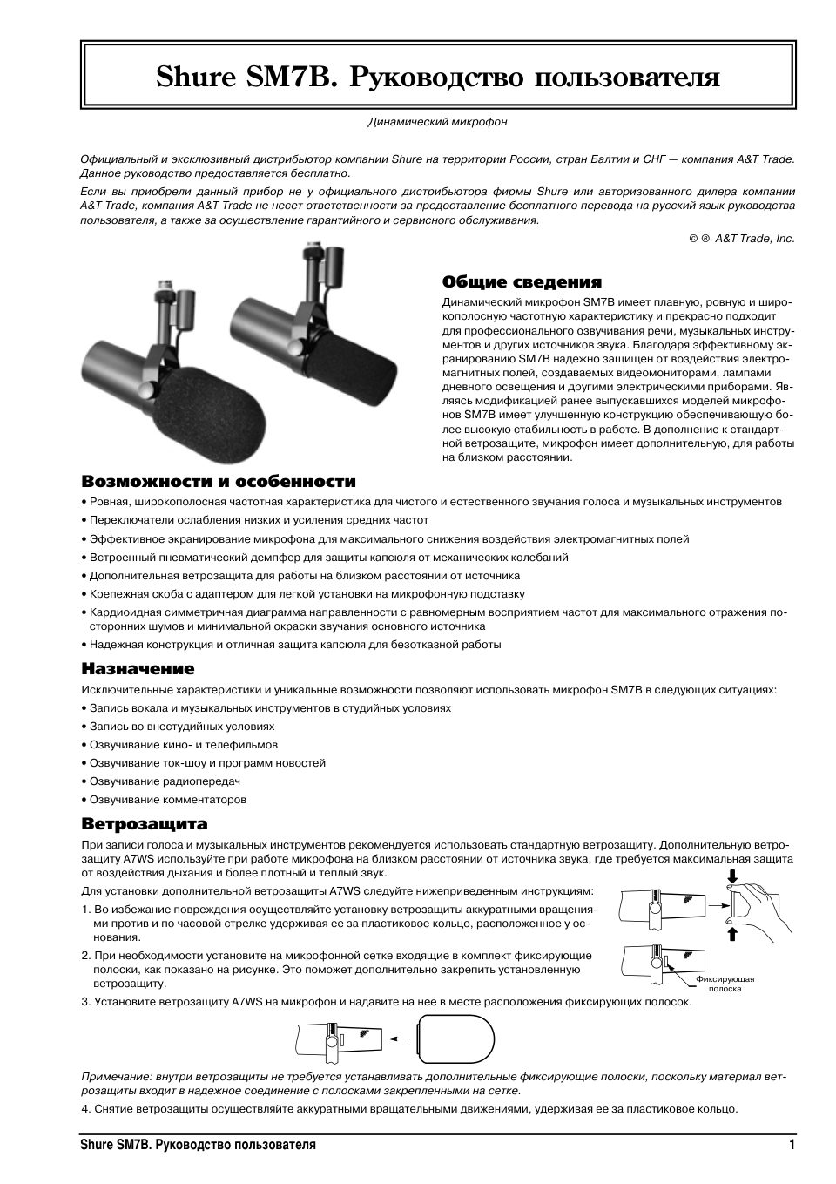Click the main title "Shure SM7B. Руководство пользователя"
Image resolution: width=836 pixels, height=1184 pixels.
click(438, 78)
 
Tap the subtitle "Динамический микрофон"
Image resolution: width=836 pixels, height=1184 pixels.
click(437, 122)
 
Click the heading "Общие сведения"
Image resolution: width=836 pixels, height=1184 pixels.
click(522, 281)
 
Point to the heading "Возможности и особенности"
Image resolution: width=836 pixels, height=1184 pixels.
click(219, 481)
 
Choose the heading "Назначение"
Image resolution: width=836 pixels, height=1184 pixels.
click(138, 668)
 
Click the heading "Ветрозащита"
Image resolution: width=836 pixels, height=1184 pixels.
click(145, 823)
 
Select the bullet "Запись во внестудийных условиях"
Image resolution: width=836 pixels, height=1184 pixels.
click(182, 726)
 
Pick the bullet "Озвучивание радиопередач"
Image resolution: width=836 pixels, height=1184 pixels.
click(165, 781)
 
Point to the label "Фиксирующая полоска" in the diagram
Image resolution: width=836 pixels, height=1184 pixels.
click(725, 984)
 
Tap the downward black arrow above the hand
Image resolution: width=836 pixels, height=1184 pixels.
click(733, 876)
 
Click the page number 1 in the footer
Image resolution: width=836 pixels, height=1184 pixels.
click(792, 1145)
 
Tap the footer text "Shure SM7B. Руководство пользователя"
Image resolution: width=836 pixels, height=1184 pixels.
click(198, 1145)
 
